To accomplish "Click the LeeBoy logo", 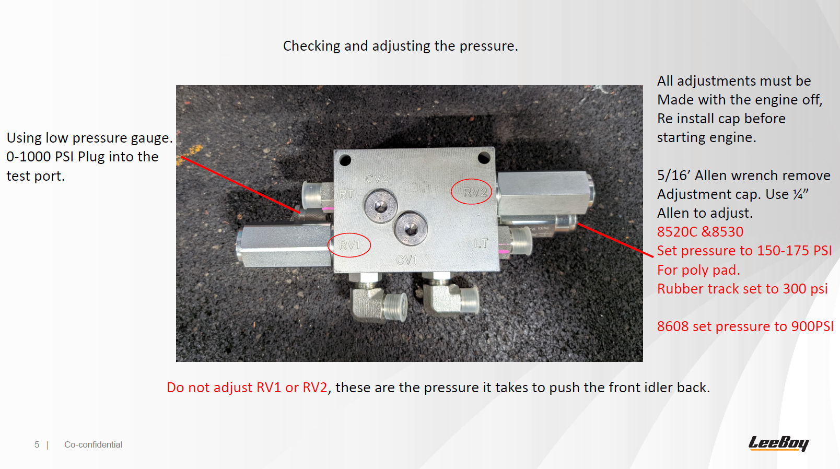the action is pyautogui.click(x=778, y=443).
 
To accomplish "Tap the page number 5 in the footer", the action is pyautogui.click(x=37, y=444).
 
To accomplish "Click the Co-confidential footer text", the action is pyautogui.click(x=93, y=444).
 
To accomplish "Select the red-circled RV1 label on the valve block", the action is pyautogui.click(x=349, y=245).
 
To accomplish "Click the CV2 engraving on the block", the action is pyautogui.click(x=377, y=179).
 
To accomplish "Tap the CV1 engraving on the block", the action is pyautogui.click(x=406, y=260).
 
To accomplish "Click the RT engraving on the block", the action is pyautogui.click(x=346, y=194).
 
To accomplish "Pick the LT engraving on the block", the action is pyautogui.click(x=481, y=244).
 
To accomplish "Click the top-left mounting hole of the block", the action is pyautogui.click(x=345, y=160).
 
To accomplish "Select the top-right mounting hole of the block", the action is pyautogui.click(x=484, y=158).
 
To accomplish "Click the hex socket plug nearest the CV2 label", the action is pyautogui.click(x=381, y=206).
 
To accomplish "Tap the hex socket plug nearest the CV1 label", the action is pyautogui.click(x=411, y=228).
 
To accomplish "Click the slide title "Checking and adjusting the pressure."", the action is pyautogui.click(x=401, y=46).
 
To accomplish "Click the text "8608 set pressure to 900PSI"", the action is pyautogui.click(x=745, y=326).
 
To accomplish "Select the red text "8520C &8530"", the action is pyautogui.click(x=700, y=232).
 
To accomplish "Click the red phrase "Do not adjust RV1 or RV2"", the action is pyautogui.click(x=247, y=388).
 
